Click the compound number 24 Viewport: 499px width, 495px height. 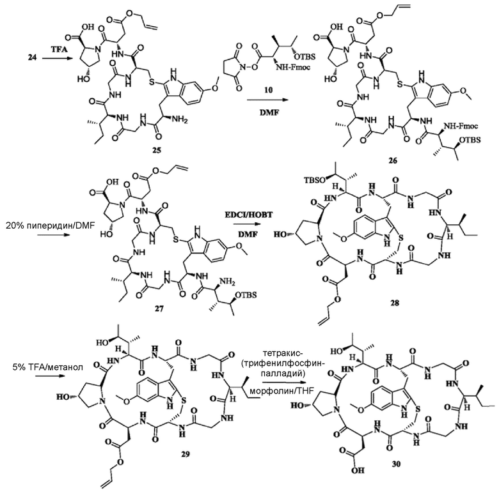point(32,58)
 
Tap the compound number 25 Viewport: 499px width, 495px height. point(156,149)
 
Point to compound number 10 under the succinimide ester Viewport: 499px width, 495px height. point(269,90)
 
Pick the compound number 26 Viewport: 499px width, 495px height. point(393,160)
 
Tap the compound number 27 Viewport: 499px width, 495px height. point(159,308)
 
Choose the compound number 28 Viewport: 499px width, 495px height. point(395,303)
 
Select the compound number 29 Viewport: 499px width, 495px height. point(186,454)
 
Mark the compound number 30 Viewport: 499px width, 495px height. point(396,464)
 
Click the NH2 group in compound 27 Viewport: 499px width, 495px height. point(228,281)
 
